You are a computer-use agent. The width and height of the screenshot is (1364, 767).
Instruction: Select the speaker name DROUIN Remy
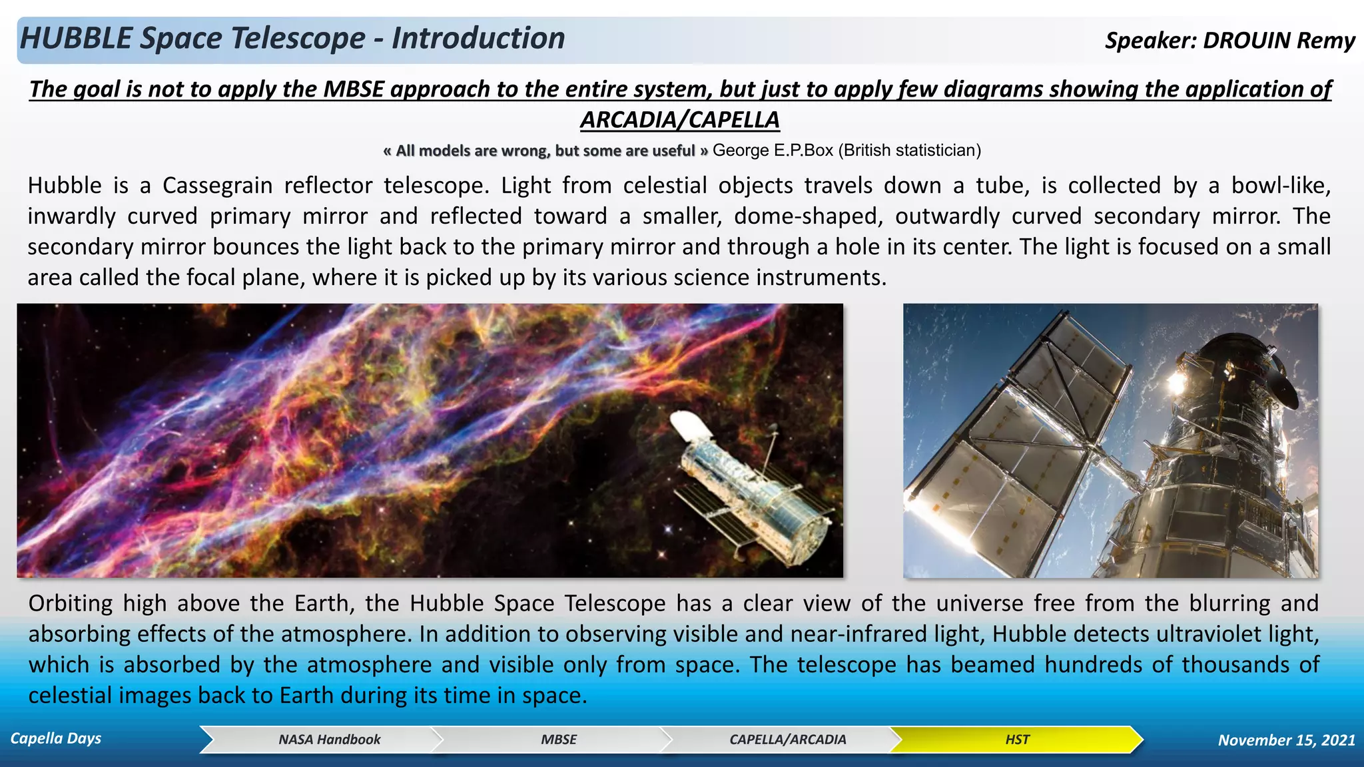[x=1279, y=41]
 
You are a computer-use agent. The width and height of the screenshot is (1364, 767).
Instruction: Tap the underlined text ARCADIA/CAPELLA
[x=679, y=121]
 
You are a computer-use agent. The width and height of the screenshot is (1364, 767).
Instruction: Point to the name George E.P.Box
[x=773, y=150]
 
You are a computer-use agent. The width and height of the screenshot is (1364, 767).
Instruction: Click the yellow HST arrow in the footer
[x=1016, y=740]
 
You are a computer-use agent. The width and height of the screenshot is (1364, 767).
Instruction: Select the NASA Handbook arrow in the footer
[x=329, y=740]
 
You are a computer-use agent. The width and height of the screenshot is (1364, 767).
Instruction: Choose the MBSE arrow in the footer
[x=558, y=740]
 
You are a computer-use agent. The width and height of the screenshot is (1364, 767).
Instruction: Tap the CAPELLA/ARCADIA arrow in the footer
[x=787, y=740]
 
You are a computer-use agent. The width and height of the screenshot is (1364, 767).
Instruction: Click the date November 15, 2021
[x=1286, y=740]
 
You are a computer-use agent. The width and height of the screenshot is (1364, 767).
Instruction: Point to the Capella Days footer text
[x=56, y=738]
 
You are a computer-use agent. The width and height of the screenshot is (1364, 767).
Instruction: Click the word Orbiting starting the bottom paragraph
[x=70, y=604]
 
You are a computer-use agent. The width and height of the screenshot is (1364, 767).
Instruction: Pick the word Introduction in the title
[x=478, y=39]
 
